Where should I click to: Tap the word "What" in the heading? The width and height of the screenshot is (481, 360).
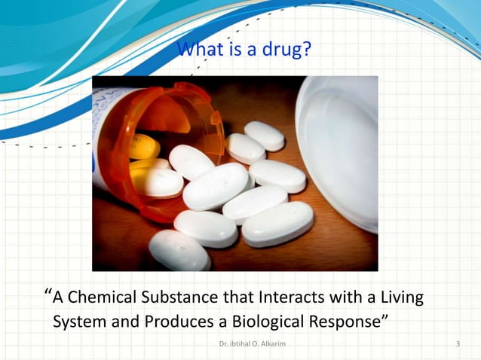(x=198, y=50)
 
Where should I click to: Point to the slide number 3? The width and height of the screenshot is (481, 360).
(x=458, y=344)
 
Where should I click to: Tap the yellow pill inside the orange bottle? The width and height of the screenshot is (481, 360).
(x=142, y=146)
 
